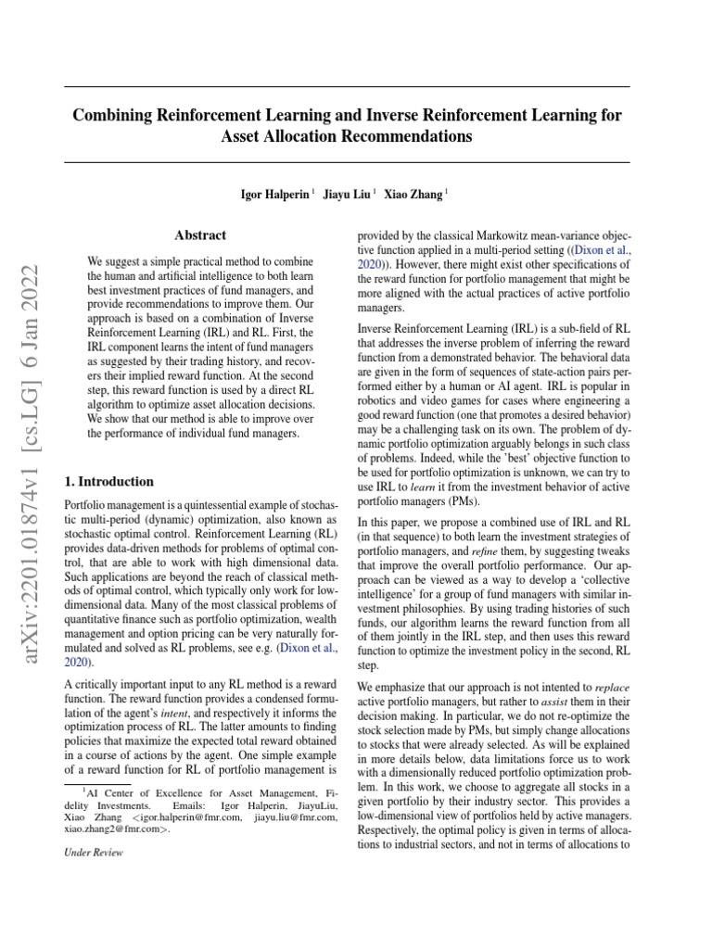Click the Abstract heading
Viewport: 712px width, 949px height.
(x=200, y=236)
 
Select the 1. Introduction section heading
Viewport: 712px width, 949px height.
(x=108, y=482)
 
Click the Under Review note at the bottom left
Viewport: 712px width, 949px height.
(x=93, y=853)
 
